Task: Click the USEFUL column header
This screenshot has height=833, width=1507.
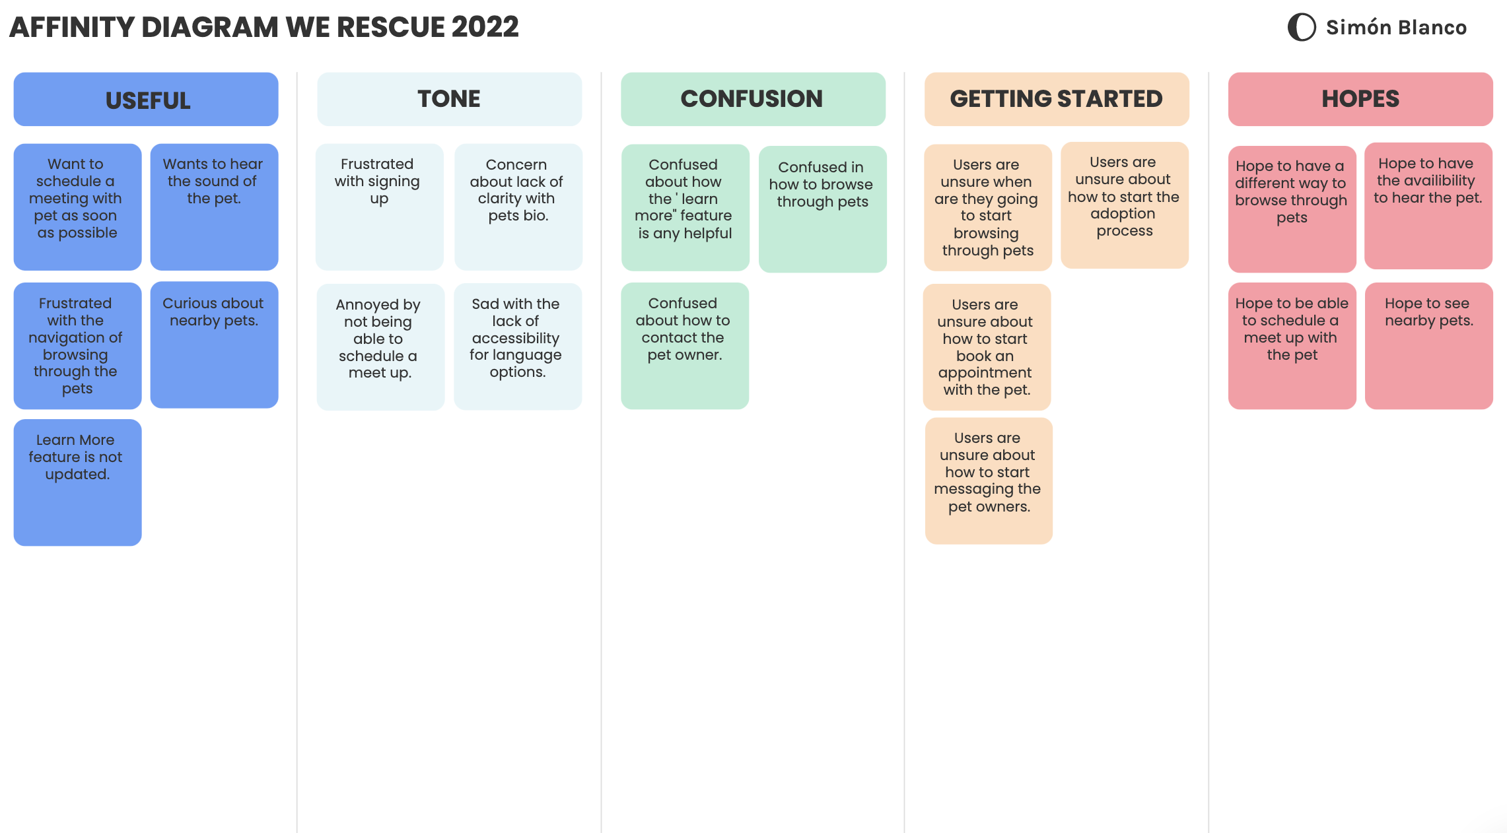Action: (x=146, y=99)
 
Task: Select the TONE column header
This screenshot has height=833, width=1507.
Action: (x=449, y=99)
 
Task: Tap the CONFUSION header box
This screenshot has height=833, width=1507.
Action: (x=753, y=99)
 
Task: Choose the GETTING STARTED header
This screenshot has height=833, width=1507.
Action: (x=1057, y=99)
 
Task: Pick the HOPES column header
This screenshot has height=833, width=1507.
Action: (x=1360, y=99)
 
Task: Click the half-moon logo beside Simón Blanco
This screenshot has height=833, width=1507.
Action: (x=1302, y=27)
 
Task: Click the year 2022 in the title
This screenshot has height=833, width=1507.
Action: (x=485, y=27)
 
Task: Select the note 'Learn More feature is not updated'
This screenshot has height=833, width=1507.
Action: (x=77, y=482)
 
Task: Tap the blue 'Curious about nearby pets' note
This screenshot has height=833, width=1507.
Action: (x=214, y=345)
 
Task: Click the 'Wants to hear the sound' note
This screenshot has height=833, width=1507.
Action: (x=214, y=207)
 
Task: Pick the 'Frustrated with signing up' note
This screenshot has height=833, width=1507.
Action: (x=379, y=207)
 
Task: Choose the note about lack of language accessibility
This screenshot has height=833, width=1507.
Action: (x=517, y=346)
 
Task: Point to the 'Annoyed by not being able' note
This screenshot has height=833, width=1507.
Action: (x=380, y=347)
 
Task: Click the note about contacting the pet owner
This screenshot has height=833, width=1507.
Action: (x=684, y=346)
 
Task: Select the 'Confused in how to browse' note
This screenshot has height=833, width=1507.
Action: (x=822, y=209)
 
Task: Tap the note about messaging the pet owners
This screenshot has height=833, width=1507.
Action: (x=988, y=481)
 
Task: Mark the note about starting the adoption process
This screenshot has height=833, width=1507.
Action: (x=1124, y=205)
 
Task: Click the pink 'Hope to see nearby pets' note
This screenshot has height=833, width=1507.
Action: (x=1428, y=346)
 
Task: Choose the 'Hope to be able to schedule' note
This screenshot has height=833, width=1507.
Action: (x=1292, y=346)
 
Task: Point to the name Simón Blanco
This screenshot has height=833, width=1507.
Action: (x=1396, y=27)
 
